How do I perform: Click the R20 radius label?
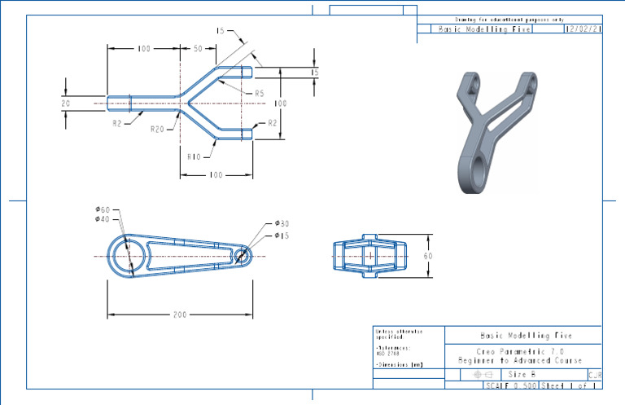157,129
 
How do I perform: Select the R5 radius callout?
259,94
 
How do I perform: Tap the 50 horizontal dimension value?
198,50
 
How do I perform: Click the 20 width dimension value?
66,103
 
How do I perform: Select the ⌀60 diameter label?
103,209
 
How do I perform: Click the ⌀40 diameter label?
103,219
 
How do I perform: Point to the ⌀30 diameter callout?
282,223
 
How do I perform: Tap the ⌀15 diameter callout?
282,236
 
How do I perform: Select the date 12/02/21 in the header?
583,29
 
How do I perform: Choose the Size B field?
522,373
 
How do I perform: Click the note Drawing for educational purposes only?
509,20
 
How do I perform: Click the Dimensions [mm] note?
399,365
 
